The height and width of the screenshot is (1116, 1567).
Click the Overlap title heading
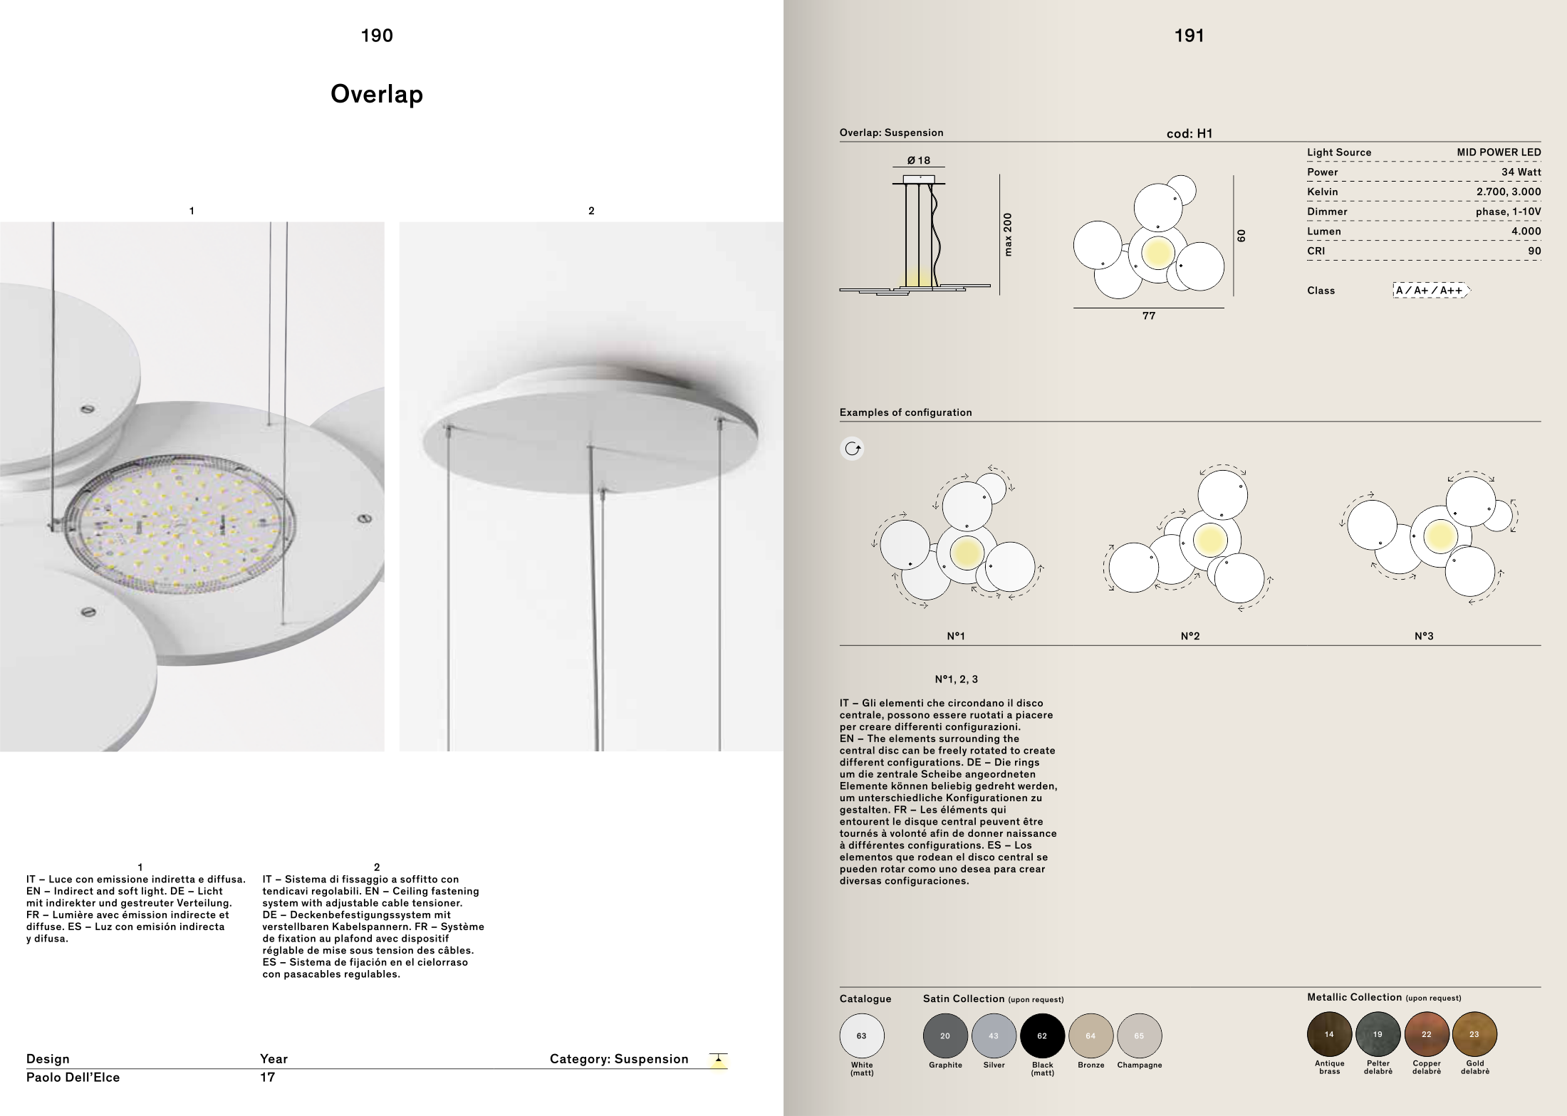pos(377,94)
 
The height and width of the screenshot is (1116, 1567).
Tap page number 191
pos(1189,36)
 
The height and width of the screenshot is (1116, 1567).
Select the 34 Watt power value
pos(1521,172)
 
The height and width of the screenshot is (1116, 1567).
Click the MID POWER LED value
pos(1499,152)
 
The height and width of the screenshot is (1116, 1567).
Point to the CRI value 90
pos(1534,251)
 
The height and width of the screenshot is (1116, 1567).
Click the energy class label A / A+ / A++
pos(1430,290)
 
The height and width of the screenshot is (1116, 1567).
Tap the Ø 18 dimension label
pos(918,160)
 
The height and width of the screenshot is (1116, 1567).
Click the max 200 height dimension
pos(1007,234)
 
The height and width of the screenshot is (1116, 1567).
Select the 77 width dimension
pos(1148,315)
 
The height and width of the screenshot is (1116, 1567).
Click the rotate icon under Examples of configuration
pos(853,449)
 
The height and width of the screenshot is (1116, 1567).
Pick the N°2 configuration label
pos(1189,636)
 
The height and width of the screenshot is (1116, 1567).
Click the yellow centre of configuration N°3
pos(1440,536)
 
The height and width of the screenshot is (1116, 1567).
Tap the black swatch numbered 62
pos(1042,1036)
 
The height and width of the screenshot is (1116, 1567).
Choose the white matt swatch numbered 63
pos(862,1036)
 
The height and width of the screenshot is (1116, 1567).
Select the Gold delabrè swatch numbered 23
pos(1474,1034)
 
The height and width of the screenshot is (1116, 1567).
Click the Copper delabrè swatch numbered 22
pos(1426,1034)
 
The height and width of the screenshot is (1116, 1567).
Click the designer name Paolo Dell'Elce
pos(73,1078)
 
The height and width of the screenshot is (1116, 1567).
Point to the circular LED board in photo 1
pos(184,526)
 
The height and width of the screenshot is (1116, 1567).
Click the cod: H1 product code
pos(1189,133)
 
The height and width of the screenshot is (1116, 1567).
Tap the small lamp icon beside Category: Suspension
pos(719,1060)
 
